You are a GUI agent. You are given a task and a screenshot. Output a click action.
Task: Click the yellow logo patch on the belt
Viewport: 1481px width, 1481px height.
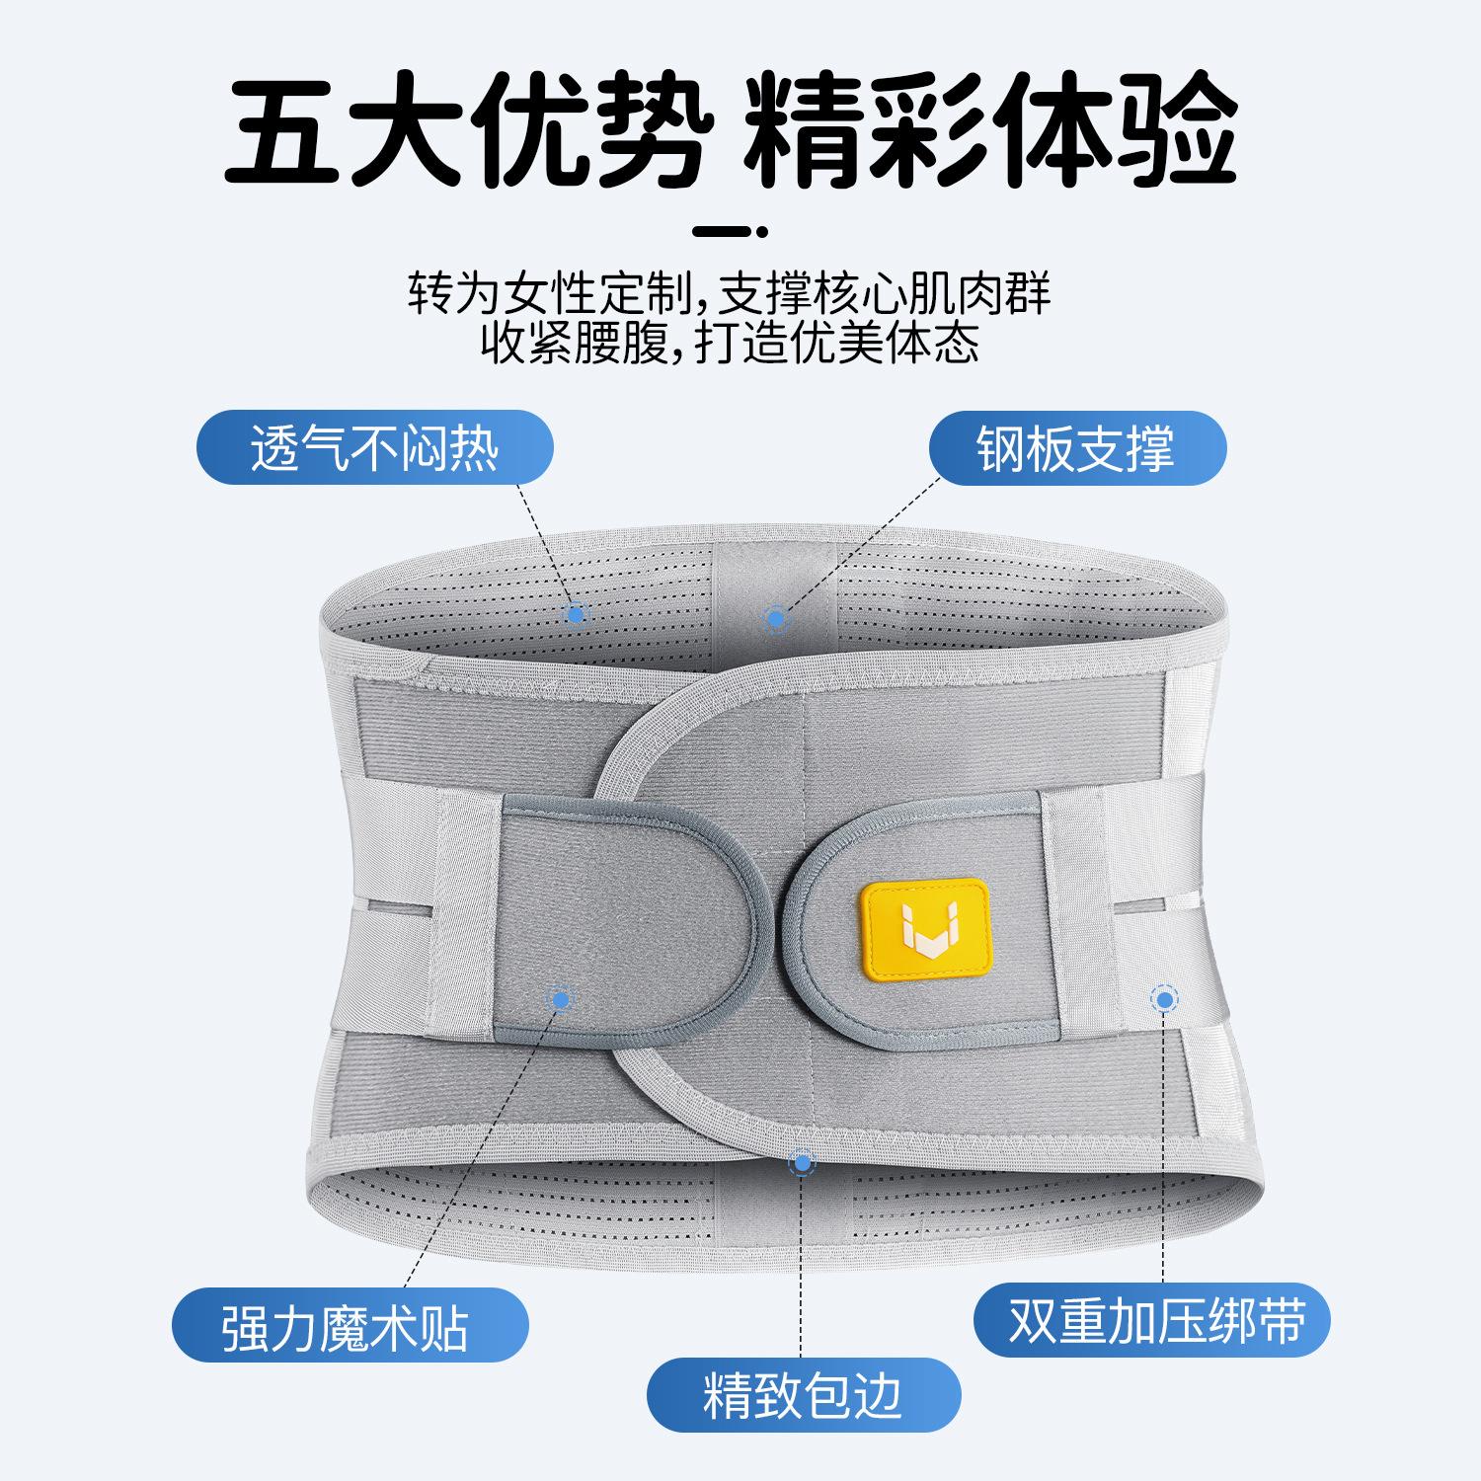(925, 930)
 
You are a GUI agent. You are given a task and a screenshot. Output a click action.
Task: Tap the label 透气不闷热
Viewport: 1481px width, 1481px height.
(374, 448)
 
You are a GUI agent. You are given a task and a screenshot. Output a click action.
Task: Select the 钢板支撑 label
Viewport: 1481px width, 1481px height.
(1076, 448)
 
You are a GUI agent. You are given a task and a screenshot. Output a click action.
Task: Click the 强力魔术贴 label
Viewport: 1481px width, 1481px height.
(349, 1326)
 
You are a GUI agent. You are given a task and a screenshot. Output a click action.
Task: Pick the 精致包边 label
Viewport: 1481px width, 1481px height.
(803, 1395)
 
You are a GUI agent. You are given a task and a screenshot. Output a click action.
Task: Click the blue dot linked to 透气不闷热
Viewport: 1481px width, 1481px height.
(576, 615)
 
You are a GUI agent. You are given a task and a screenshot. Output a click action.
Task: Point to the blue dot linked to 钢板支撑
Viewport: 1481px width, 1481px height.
(776, 620)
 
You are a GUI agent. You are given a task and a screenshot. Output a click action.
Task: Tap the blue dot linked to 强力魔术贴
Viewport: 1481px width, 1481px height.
(561, 999)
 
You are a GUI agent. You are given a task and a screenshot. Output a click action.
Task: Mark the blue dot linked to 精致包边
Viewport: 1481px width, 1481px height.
(802, 1163)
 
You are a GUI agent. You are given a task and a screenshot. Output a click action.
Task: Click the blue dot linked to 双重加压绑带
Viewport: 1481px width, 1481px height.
(1165, 1000)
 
